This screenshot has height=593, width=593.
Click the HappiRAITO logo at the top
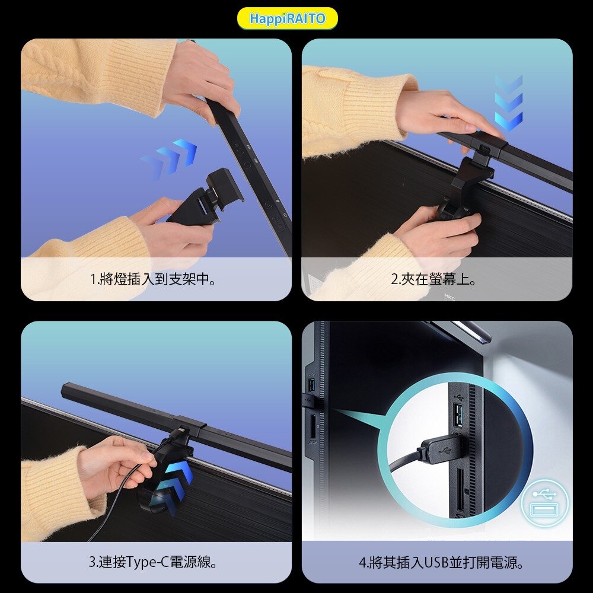(x=288, y=18)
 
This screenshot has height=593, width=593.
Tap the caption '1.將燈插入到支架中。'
(x=153, y=279)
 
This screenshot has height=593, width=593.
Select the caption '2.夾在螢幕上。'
(x=433, y=279)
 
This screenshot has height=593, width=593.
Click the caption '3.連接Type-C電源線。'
(x=153, y=562)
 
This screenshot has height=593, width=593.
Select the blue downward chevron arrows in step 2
(x=509, y=103)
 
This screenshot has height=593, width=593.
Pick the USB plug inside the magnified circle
(x=441, y=449)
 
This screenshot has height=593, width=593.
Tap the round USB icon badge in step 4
(x=544, y=503)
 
